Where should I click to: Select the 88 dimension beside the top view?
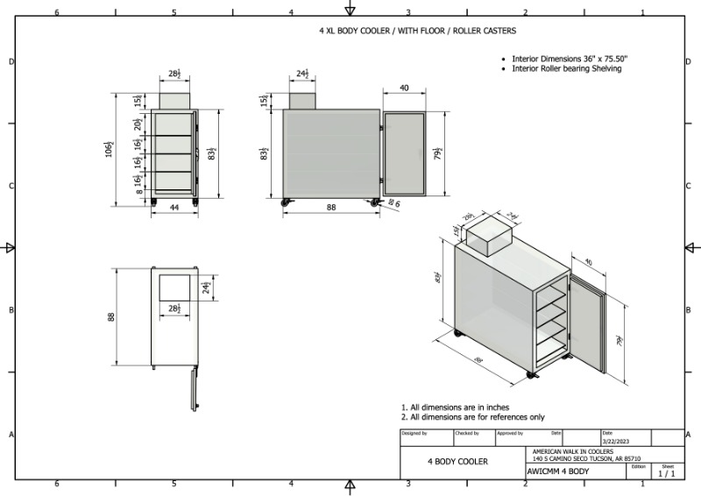(x=112, y=316)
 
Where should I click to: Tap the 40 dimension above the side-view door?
(x=405, y=89)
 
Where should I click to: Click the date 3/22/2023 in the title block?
(x=615, y=442)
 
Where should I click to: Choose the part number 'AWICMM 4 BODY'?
(x=558, y=471)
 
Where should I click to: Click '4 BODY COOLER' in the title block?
(x=457, y=461)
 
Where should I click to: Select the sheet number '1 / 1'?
(x=667, y=473)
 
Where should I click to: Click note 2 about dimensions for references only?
(x=472, y=417)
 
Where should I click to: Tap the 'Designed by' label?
(x=414, y=433)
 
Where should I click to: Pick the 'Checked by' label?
(x=467, y=433)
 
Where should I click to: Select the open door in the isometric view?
(x=587, y=324)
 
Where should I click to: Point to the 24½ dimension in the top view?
(x=207, y=287)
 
